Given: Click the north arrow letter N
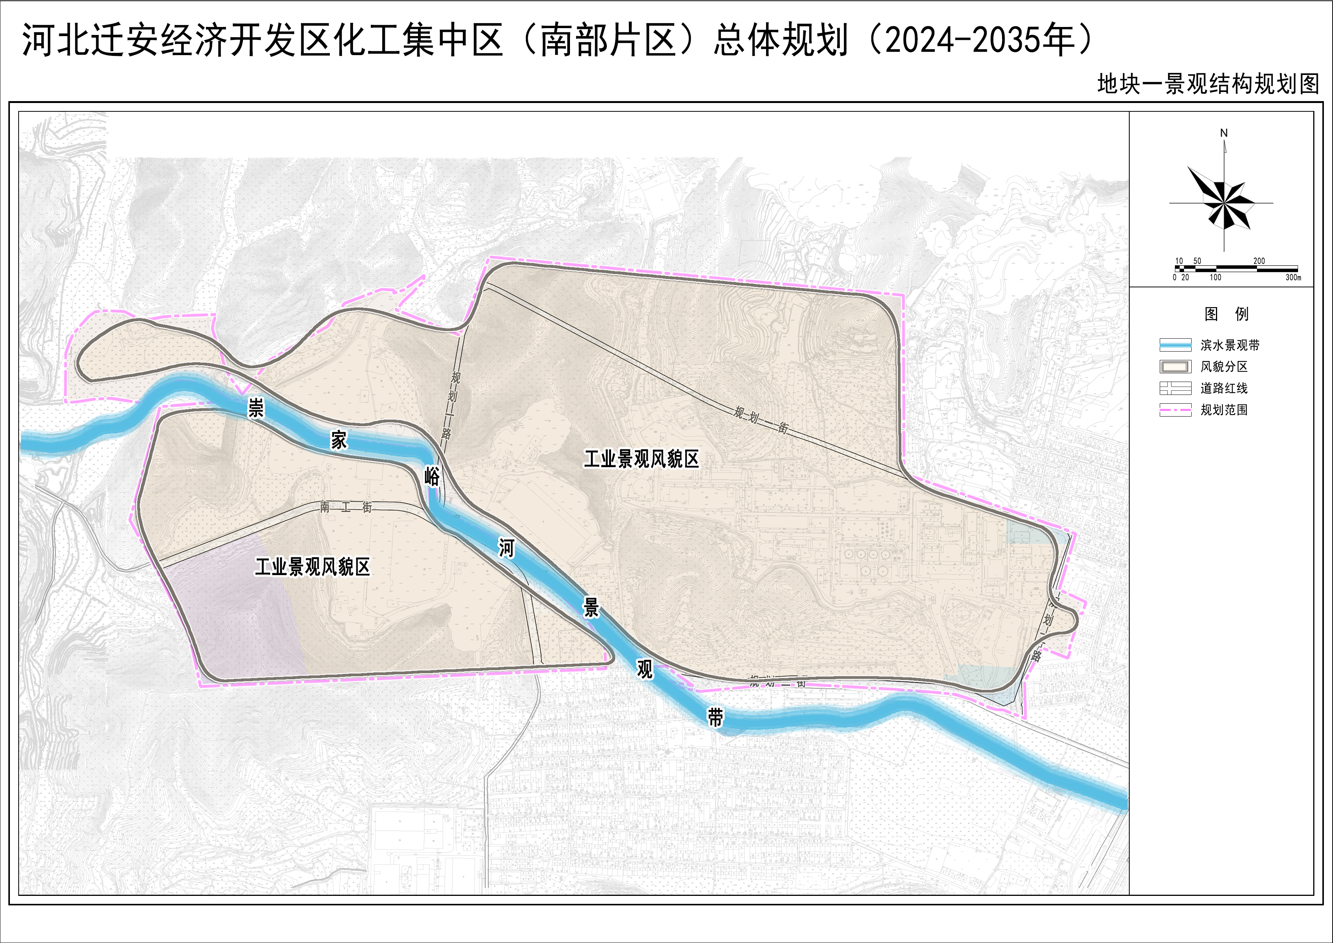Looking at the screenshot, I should coord(1224,133).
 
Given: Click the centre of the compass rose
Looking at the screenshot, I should coord(1224,203).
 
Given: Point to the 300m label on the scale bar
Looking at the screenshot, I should coord(1293,277).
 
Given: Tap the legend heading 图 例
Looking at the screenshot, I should coord(1225,314).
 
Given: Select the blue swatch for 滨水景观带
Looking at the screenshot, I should coord(1175,345).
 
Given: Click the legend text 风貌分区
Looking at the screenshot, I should coord(1224,366).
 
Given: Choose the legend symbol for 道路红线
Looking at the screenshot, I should coord(1175,388).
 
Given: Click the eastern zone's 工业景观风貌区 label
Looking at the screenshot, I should coord(641,459).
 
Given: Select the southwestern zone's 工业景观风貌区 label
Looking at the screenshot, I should coord(312,567).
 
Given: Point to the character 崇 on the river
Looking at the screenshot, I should coord(255,408).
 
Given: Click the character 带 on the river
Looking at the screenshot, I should coord(715,717).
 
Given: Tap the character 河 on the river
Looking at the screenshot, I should coord(506,548).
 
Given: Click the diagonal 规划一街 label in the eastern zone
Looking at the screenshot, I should coord(761,420).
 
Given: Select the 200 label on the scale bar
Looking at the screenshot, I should coord(1259,261).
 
